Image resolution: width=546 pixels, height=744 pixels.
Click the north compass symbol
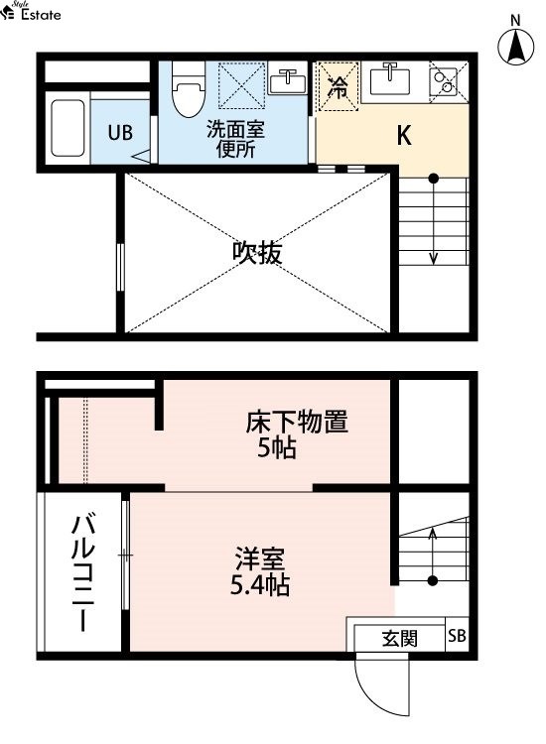tap(515, 47)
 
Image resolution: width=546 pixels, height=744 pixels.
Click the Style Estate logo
tap(31, 11)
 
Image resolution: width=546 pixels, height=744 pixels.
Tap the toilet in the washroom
tap(189, 89)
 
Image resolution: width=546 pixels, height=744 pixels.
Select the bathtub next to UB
tap(68, 128)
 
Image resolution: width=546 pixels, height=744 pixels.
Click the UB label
tap(120, 133)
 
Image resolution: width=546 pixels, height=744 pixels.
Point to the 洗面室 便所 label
tap(235, 139)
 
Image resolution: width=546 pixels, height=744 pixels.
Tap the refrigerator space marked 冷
tap(338, 86)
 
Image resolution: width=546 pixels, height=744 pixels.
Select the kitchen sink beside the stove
tap(390, 79)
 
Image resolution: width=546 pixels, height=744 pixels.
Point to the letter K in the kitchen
tap(404, 136)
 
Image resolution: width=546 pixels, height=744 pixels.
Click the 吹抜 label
tap(257, 253)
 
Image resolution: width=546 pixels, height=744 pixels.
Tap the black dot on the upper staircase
tap(434, 179)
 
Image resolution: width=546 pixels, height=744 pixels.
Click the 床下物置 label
tap(297, 422)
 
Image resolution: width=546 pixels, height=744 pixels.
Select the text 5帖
tap(277, 447)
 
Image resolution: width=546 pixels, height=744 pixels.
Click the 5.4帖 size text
tap(260, 585)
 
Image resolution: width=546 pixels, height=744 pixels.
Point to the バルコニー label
tap(83, 572)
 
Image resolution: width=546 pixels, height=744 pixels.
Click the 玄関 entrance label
tap(400, 639)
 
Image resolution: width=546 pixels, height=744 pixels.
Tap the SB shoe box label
tap(457, 635)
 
